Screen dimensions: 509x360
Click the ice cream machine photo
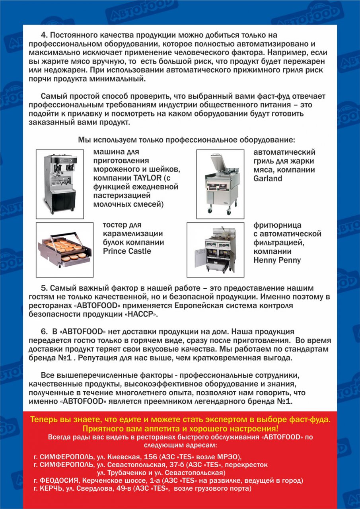tap(60, 184)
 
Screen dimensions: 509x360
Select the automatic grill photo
tap(220, 184)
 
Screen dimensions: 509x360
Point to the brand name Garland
tap(268, 179)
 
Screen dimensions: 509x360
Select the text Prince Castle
tap(127, 251)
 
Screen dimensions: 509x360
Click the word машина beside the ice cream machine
tap(108, 152)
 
